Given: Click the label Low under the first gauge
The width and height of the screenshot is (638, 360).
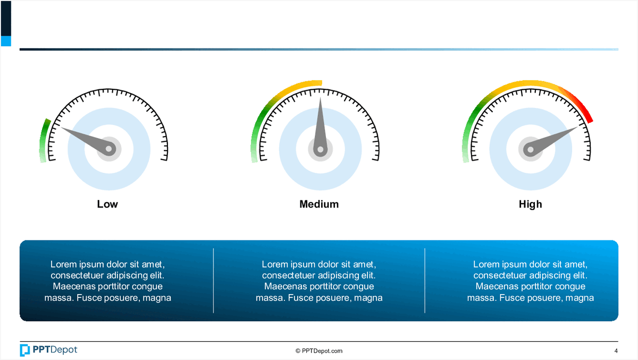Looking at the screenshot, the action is tap(107, 204).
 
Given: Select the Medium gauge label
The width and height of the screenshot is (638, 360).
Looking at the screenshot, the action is tap(319, 204).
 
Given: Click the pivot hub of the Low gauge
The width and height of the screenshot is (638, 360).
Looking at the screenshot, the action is tap(109, 149).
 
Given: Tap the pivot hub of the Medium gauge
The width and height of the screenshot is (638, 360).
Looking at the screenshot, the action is tap(321, 149).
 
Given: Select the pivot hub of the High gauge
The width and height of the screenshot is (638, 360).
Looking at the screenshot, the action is tap(531, 149).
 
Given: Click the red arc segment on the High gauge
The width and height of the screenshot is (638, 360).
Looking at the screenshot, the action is tap(578, 103).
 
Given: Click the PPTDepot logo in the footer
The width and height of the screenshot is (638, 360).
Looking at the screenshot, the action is tap(48, 350).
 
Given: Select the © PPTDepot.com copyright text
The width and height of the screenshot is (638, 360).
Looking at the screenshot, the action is tap(319, 351).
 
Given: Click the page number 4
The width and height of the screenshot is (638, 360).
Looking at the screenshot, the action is tap(616, 351).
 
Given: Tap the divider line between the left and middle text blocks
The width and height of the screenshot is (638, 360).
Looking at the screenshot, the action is tap(213, 281).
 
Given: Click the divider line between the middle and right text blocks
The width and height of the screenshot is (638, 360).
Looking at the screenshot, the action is tap(425, 281).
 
